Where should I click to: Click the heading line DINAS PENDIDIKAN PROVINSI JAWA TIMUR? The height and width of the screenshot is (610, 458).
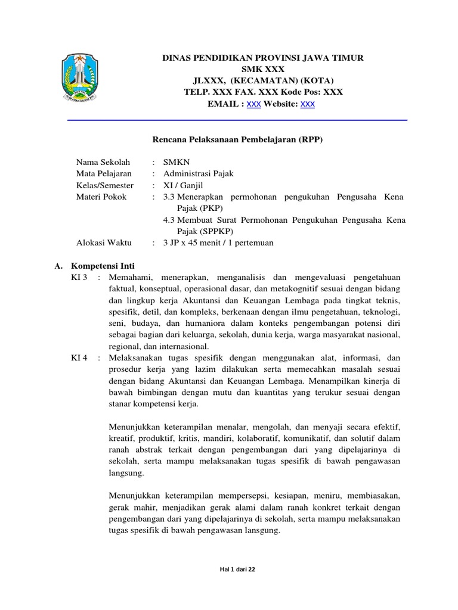[x=263, y=58]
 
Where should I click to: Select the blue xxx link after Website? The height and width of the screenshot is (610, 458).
[x=307, y=104]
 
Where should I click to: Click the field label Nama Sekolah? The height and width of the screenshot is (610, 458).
[x=103, y=162]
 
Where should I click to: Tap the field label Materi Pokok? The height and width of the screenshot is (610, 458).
[x=101, y=197]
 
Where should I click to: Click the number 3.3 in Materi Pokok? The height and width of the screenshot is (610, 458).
[x=169, y=197]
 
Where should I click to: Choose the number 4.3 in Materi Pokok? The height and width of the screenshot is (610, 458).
[x=169, y=220]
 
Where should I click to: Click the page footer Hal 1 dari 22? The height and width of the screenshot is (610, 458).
[x=237, y=569]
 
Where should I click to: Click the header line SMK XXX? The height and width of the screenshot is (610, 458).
[x=263, y=69]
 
